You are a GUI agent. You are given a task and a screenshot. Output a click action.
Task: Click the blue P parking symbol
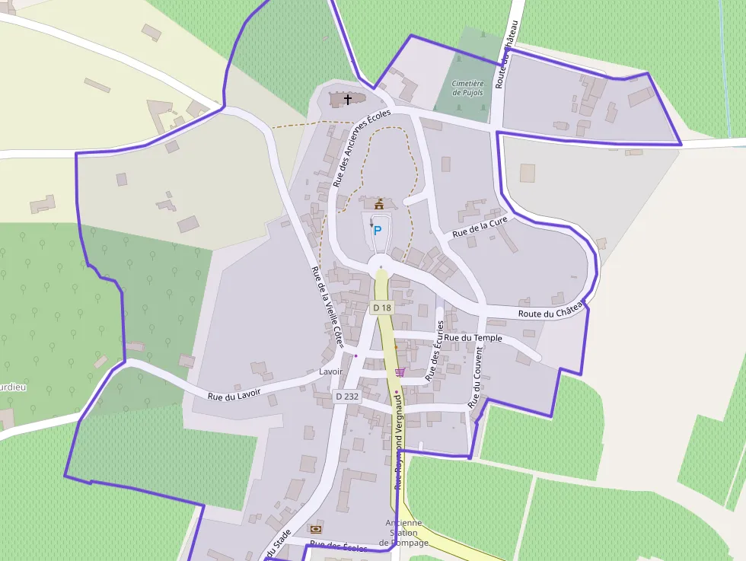(x=377, y=230)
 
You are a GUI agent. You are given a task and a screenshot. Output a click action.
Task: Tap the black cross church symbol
(x=349, y=100)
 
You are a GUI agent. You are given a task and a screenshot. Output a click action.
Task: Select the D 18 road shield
(x=381, y=308)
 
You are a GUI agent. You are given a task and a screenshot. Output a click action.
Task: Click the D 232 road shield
(x=346, y=396)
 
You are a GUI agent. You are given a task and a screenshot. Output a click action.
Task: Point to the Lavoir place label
(x=331, y=371)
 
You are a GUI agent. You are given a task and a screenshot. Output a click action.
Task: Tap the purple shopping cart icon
(x=400, y=371)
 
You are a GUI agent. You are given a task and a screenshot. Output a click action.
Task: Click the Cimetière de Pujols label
(x=467, y=88)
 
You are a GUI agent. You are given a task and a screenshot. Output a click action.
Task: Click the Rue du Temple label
(x=473, y=337)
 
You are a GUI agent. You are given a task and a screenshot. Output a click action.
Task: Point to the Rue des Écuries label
(x=434, y=351)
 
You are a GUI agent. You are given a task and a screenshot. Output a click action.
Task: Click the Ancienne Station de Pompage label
(x=403, y=533)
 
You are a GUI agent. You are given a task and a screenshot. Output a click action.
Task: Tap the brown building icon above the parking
(x=378, y=204)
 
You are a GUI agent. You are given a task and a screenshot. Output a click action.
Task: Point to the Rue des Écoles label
(x=338, y=547)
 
